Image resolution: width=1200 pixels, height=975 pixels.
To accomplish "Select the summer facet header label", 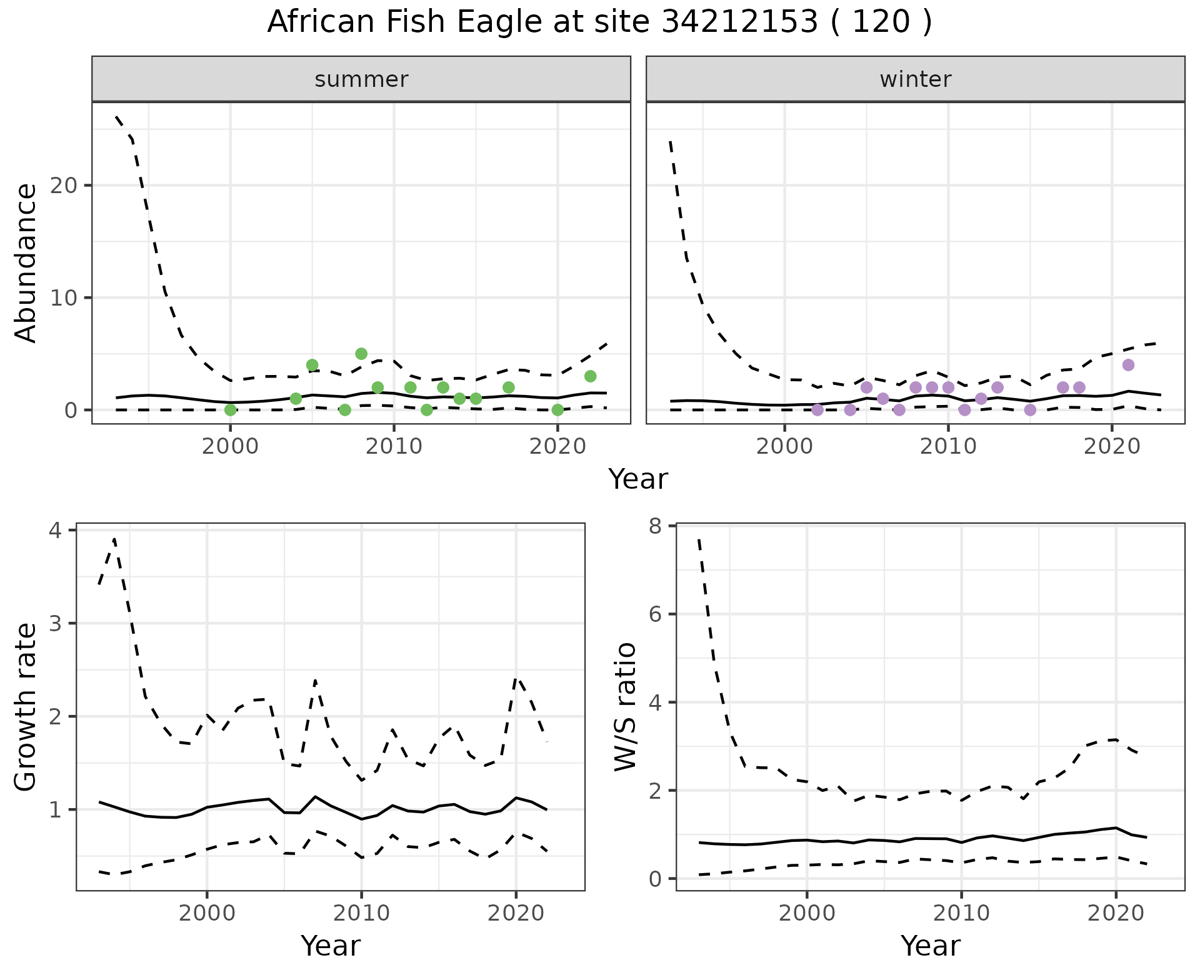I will [x=361, y=79].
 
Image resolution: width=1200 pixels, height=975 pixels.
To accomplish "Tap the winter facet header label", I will [x=915, y=79].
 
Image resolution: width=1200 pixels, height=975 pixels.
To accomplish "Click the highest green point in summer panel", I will [x=361, y=354].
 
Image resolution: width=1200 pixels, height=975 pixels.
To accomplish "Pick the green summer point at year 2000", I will [x=230, y=410].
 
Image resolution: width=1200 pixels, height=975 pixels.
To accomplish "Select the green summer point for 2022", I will [x=590, y=376].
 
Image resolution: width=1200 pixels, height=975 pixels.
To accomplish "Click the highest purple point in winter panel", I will [x=1128, y=365].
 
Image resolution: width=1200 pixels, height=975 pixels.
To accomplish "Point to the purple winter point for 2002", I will [x=817, y=410].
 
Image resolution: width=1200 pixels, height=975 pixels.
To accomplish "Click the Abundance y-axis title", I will [x=26, y=263].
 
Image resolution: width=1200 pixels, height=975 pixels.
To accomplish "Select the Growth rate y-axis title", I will [x=26, y=707].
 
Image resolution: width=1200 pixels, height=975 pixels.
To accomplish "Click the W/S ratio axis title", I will [x=625, y=707].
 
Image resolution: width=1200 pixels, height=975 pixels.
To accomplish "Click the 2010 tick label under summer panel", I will [x=394, y=447].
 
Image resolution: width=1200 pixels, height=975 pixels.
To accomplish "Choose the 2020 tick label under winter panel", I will [x=1112, y=447].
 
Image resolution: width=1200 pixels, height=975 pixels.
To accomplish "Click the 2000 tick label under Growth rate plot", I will [x=207, y=913].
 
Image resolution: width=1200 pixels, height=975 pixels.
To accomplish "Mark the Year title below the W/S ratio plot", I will [x=930, y=946].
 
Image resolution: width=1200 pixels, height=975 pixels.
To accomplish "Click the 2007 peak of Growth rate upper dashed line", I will [x=316, y=680].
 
